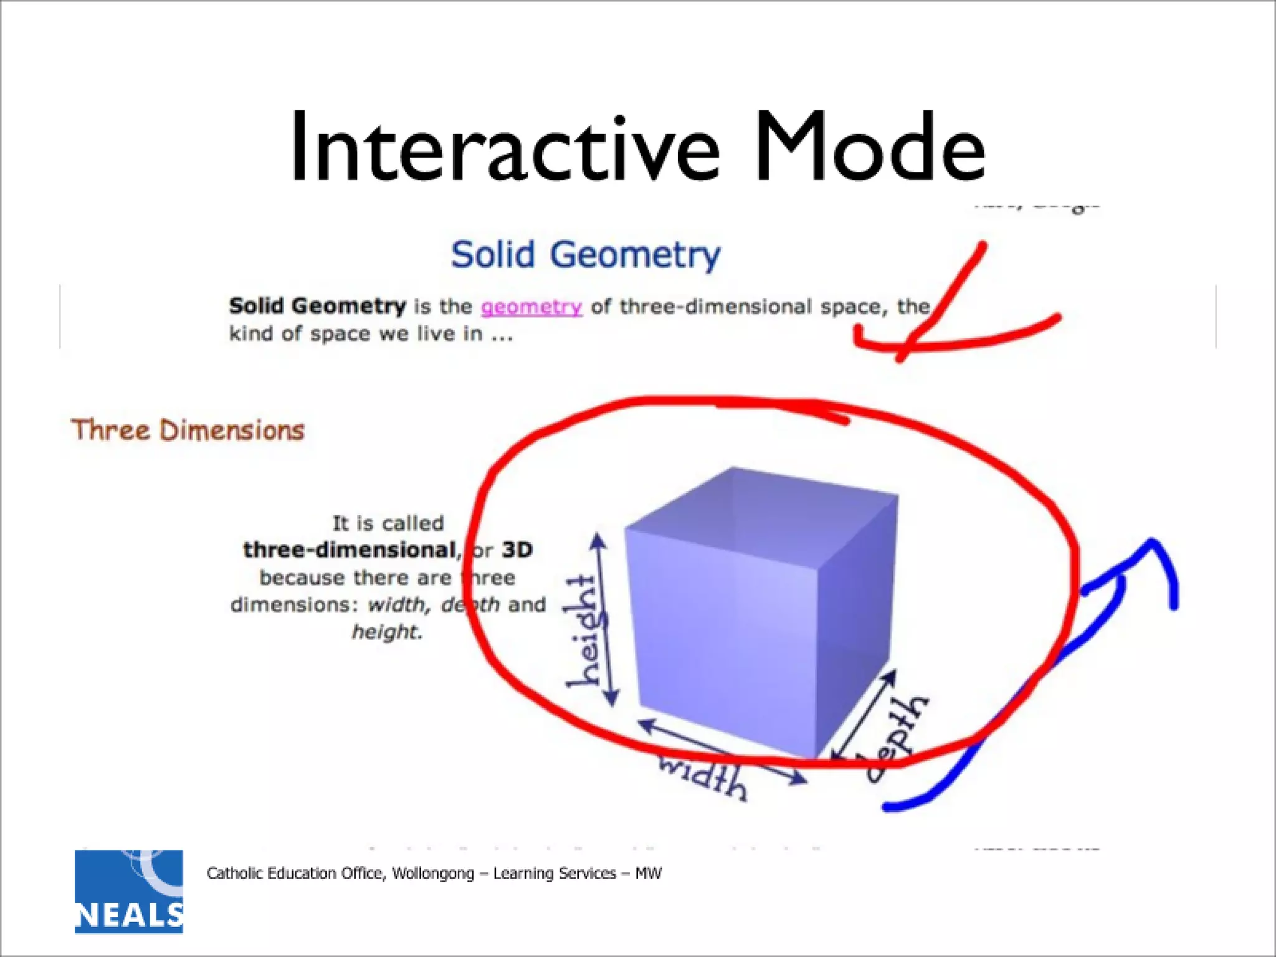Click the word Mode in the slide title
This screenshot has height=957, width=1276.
(x=870, y=148)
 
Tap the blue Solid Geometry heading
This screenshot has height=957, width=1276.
(x=585, y=255)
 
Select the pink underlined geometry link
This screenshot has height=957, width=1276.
(x=531, y=307)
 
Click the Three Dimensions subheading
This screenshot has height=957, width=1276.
(x=188, y=431)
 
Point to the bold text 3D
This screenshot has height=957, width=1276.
(x=517, y=550)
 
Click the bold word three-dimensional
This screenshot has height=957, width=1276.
(x=350, y=550)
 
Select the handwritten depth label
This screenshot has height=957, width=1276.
(x=897, y=738)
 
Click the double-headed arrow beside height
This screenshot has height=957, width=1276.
(x=605, y=620)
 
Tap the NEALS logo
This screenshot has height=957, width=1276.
(x=129, y=892)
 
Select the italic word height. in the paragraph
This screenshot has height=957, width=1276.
(x=387, y=632)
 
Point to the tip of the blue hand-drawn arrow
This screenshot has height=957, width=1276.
(x=1153, y=543)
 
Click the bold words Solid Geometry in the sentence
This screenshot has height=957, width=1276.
(x=317, y=306)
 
